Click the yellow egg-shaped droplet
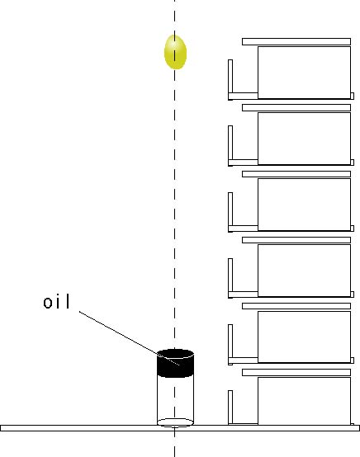175,52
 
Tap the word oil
57,302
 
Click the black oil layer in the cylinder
175,364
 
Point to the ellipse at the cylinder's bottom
175,422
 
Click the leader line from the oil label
129,338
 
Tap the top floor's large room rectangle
305,73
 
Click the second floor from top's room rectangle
305,139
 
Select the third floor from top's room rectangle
305,205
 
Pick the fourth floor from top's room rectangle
305,271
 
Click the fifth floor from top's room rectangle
305,337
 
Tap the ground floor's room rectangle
305,401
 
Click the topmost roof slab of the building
296,41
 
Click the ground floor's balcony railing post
230,407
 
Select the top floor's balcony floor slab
243,97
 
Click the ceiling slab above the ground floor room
296,372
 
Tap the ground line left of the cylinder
78,428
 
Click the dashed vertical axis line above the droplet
175,17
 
